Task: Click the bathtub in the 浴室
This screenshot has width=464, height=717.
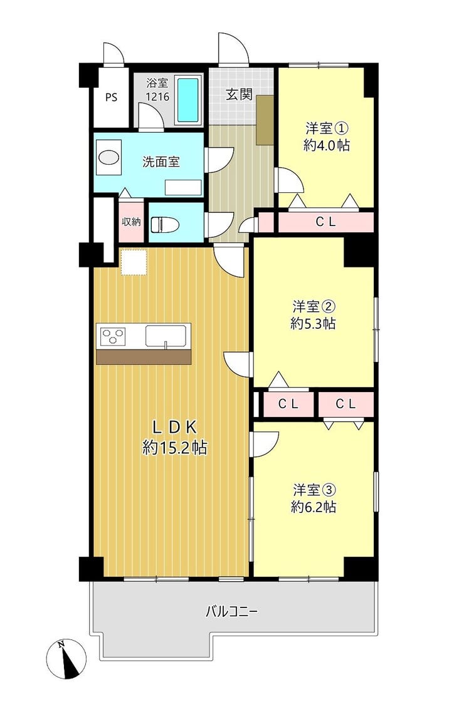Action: [188, 100]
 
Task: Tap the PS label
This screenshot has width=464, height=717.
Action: [112, 98]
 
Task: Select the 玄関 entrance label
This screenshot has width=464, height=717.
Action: [239, 95]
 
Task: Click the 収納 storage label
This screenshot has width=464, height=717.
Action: [131, 222]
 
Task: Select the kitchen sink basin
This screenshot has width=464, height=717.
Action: [167, 336]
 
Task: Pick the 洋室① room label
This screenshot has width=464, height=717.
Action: [327, 128]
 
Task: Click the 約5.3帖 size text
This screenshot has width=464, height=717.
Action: [314, 323]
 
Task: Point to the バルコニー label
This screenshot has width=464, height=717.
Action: [232, 611]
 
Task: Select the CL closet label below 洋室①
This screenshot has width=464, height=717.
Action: [325, 222]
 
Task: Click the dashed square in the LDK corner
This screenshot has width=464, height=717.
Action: [134, 262]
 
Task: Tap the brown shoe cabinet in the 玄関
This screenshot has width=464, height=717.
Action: [265, 120]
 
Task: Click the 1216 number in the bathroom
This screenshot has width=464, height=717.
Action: [157, 97]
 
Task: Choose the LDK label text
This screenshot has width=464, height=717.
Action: [174, 428]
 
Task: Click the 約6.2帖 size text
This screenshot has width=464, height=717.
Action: [314, 507]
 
